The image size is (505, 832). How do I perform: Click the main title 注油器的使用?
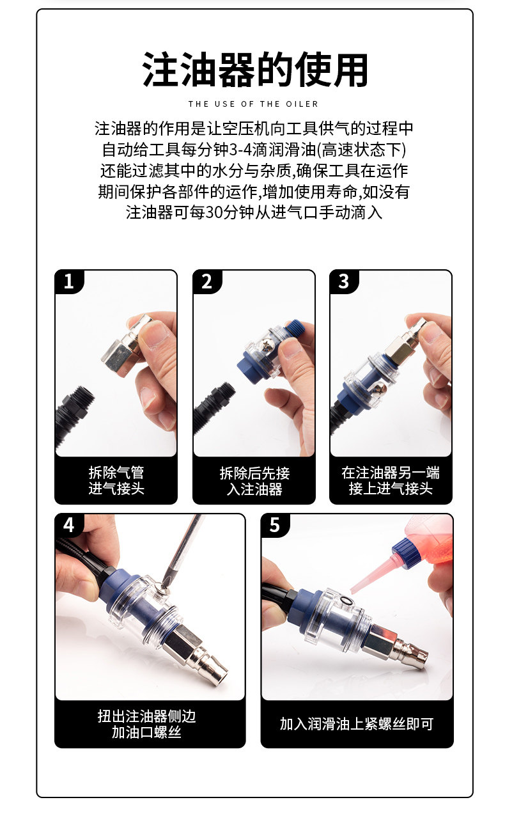254,70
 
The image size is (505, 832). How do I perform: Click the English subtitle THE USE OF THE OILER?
253,104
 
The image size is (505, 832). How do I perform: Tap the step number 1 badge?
69,281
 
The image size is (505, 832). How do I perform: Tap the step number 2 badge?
207,281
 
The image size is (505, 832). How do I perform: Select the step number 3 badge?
344,281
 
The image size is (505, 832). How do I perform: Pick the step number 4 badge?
69,525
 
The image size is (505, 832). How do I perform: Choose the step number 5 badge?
275,525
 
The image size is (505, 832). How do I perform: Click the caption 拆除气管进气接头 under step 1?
116,480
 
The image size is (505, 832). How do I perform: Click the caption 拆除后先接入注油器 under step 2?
254,481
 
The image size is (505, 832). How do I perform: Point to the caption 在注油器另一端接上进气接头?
391,480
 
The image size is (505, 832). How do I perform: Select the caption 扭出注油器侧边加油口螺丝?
146,723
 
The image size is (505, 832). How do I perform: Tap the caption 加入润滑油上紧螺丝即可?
357,723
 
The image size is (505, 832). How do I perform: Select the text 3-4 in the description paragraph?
240,150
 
